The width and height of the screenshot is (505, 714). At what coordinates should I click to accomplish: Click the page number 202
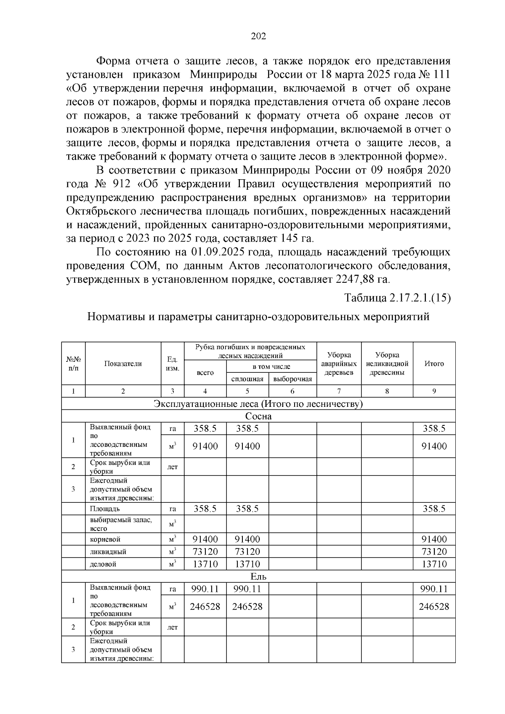[x=258, y=37]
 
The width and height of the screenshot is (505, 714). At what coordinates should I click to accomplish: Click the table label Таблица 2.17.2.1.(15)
[x=398, y=298]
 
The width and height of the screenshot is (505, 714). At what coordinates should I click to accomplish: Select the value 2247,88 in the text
[x=354, y=279]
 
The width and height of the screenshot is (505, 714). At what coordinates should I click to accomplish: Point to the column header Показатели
[x=123, y=364]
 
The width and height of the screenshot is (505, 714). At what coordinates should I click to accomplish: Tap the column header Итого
[x=434, y=364]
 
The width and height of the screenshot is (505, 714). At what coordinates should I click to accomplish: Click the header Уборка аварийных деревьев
[x=339, y=364]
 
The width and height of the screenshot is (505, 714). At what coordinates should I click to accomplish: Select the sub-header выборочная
[x=292, y=379]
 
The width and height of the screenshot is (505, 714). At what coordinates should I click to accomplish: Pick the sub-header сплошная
[x=247, y=379]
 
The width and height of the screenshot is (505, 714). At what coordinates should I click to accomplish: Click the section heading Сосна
[x=258, y=417]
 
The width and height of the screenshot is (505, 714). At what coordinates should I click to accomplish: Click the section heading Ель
[x=258, y=577]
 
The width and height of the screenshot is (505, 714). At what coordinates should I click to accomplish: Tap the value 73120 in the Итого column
[x=434, y=552]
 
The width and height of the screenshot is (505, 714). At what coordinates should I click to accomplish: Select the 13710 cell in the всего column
[x=205, y=564]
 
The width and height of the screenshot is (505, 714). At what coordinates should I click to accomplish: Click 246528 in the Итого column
[x=434, y=607]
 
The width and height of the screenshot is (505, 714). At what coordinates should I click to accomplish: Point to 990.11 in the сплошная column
[x=247, y=589]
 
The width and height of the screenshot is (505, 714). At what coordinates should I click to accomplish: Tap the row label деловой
[x=103, y=564]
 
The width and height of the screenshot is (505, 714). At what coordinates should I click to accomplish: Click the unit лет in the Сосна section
[x=173, y=467]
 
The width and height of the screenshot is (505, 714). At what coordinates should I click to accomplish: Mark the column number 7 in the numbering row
[x=339, y=391]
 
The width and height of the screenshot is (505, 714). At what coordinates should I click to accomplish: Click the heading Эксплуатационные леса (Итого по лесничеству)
[x=258, y=404]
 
